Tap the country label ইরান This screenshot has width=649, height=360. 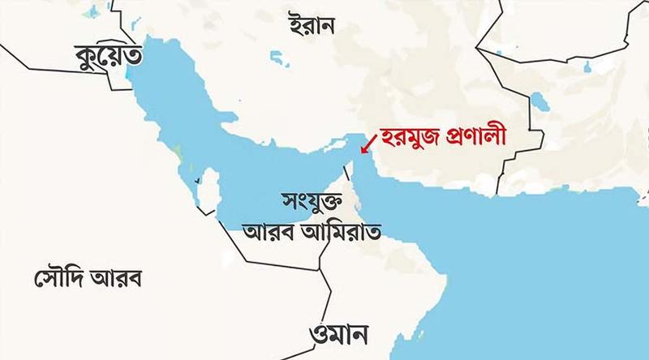(x=312, y=26)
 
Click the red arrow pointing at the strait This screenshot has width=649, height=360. (x=370, y=144)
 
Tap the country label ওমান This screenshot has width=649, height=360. (x=340, y=332)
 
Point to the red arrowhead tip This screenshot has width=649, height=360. (x=362, y=152)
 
